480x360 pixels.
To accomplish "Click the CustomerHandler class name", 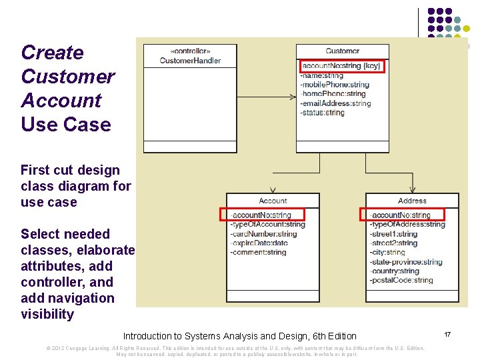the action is [190, 61].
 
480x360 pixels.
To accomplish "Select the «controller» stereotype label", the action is [190, 51].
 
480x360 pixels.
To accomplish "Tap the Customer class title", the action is [343, 51].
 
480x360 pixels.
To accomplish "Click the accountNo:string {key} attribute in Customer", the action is [341, 66].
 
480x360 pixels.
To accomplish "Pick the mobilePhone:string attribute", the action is [335, 85].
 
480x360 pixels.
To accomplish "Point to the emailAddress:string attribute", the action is [335, 103].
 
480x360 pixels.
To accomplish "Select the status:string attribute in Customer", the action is [323, 113].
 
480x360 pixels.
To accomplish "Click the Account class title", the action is [273, 201].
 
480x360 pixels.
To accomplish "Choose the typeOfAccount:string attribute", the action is [267, 224].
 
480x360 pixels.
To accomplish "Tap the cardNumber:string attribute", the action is [263, 234].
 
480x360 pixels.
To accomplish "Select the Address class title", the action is [412, 201].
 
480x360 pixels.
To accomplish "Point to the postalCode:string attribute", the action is [401, 280].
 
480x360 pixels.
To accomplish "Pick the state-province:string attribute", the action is [406, 262].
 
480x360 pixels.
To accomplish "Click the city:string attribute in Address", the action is [387, 253].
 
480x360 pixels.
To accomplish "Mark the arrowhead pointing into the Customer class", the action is [293, 97].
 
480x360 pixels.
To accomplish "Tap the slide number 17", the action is [447, 334].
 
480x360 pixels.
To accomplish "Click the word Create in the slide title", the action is [52, 53].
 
